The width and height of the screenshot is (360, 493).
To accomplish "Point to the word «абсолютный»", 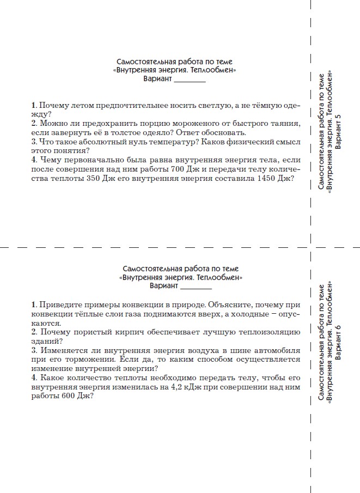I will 93,142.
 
